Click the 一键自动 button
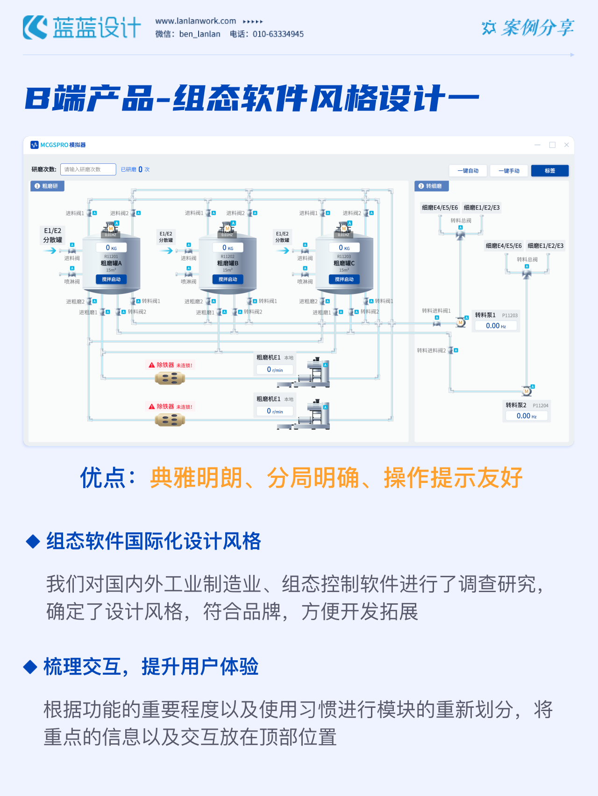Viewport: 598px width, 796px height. pos(468,171)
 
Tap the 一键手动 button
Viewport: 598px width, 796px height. pos(509,171)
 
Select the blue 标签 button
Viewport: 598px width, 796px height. pos(550,171)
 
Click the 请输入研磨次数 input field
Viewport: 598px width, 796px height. pos(88,169)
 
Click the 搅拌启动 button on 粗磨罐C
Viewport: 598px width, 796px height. pos(344,279)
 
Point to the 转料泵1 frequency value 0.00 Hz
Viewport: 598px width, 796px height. pos(496,326)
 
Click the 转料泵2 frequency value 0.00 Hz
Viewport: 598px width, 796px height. pos(527,416)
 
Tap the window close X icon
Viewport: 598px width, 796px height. pos(566,145)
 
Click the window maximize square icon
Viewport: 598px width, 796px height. pos(552,145)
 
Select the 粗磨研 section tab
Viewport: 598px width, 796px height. pos(47,186)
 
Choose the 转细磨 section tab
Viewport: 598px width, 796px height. pos(431,186)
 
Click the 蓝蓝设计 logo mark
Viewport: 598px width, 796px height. pos(35,28)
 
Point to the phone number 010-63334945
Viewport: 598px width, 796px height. pos(278,34)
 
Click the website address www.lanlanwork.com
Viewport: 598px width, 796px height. pos(196,21)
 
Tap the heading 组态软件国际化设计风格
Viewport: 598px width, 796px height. pos(154,541)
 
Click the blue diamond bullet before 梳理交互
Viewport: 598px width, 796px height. pos(30,667)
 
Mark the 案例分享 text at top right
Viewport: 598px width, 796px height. pos(537,28)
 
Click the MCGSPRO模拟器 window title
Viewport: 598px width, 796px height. pos(63,145)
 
